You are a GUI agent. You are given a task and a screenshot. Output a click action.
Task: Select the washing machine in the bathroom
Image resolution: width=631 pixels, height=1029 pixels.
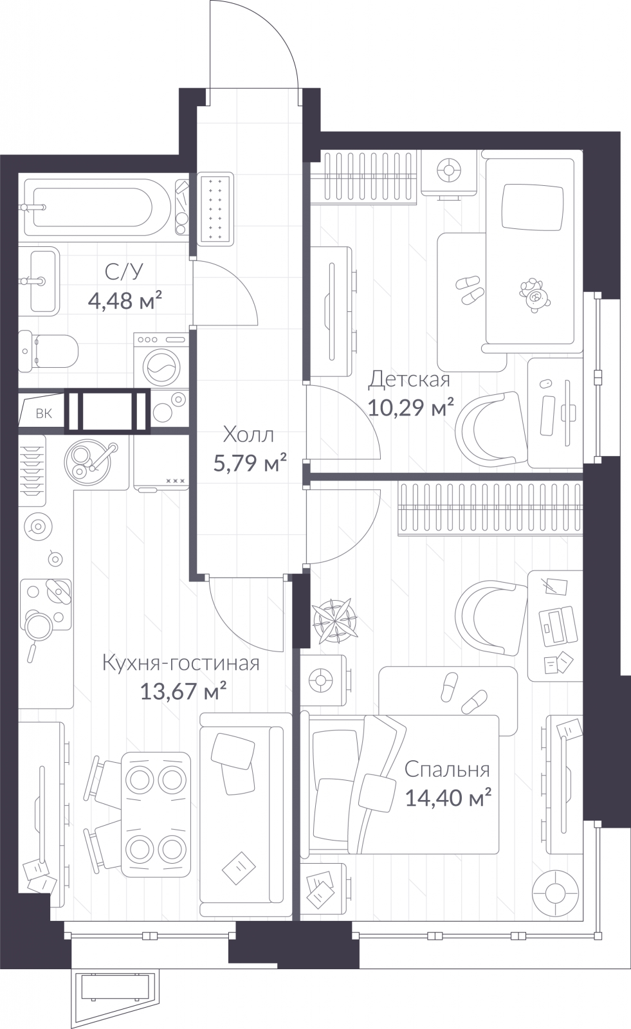[x=161, y=360]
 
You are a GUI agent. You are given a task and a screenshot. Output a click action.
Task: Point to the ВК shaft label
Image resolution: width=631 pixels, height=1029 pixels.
[x=44, y=414]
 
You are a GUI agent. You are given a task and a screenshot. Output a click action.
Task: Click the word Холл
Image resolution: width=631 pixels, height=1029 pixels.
[x=249, y=435]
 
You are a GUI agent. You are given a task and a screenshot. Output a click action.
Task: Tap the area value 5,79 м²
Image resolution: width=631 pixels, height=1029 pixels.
[x=250, y=462]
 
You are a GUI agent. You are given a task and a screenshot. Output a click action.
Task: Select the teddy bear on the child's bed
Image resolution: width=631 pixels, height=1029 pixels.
[x=535, y=295]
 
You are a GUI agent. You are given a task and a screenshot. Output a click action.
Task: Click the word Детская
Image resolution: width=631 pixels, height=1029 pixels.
[x=409, y=379]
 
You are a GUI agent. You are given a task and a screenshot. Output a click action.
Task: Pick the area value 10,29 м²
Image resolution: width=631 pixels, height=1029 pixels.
[x=411, y=407]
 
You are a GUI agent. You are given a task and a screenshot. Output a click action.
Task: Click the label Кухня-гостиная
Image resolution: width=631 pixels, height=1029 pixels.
[x=181, y=663]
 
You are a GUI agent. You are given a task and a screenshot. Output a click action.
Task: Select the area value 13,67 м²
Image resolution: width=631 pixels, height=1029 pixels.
[x=183, y=691]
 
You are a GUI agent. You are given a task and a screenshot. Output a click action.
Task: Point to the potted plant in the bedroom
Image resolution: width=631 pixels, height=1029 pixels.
[x=334, y=620]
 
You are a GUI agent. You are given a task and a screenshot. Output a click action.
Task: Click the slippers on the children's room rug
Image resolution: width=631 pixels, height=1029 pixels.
[x=470, y=289]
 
